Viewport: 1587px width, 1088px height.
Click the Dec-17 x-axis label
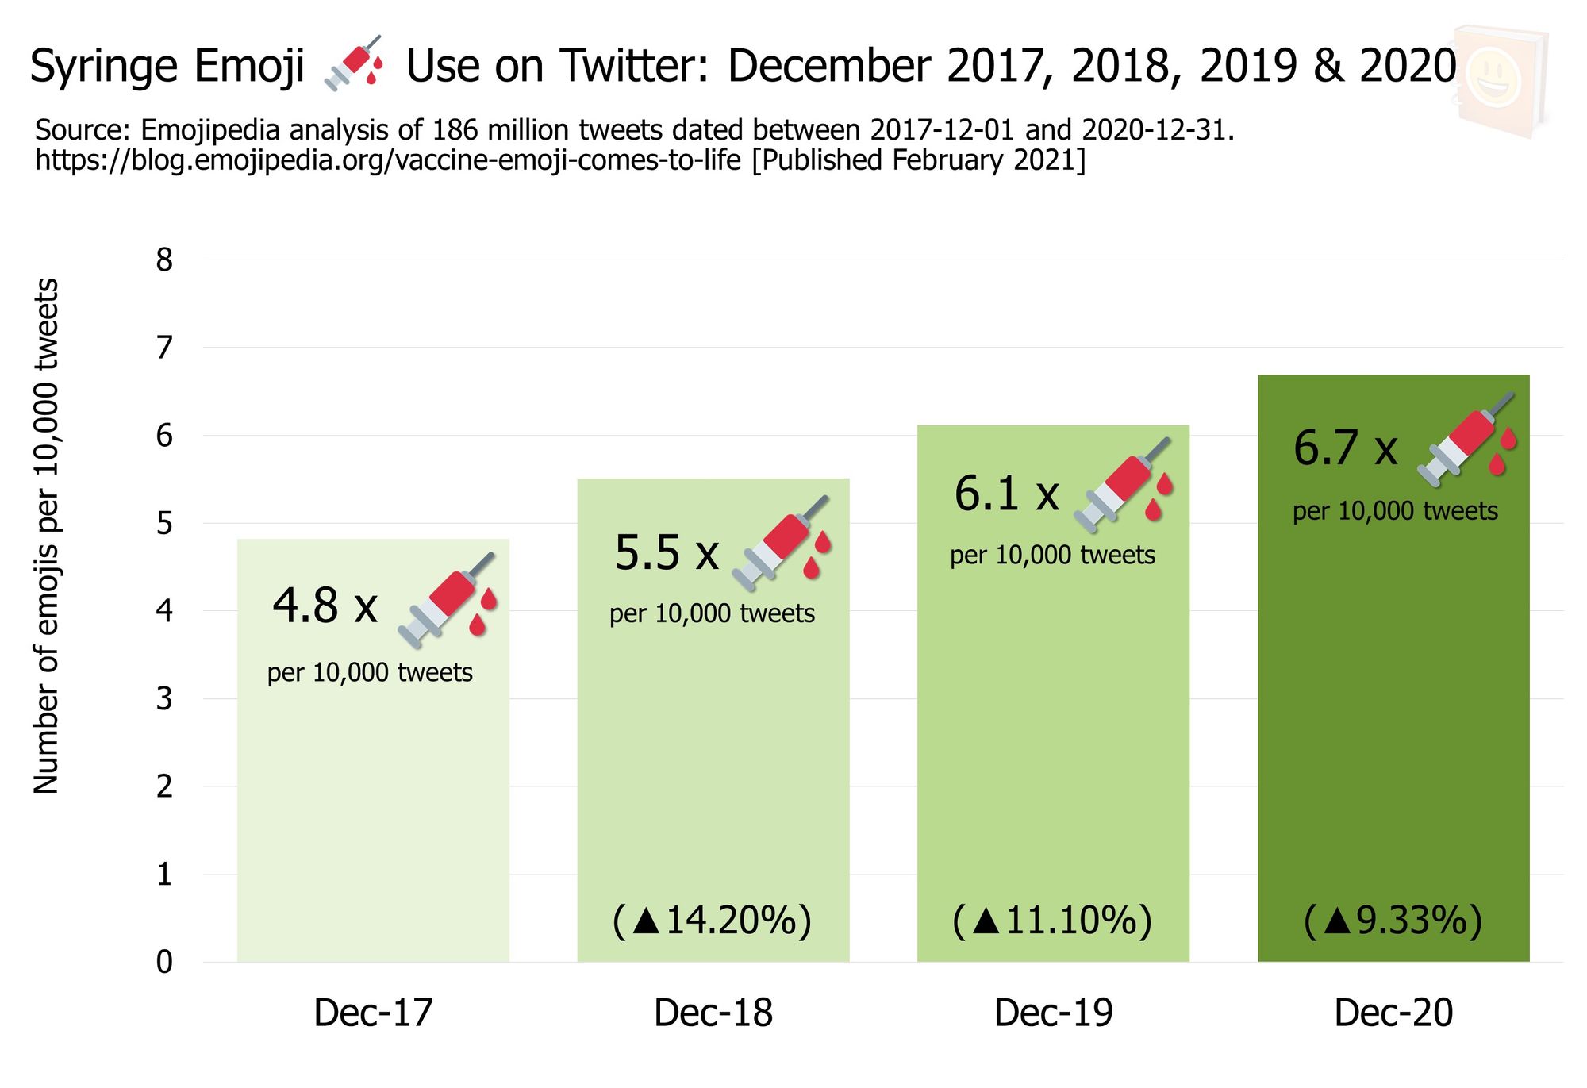click(x=373, y=1013)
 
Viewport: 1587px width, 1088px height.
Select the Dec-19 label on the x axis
click(x=1053, y=1013)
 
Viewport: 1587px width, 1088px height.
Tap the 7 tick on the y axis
click(x=164, y=348)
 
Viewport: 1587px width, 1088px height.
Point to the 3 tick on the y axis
click(x=164, y=699)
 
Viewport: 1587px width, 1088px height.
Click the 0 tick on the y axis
click(x=164, y=963)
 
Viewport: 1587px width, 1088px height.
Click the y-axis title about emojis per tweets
click(x=46, y=536)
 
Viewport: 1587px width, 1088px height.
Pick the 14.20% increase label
click(x=712, y=921)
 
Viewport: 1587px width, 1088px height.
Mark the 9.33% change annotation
click(x=1393, y=921)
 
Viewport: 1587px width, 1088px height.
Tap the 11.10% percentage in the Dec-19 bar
click(x=1052, y=921)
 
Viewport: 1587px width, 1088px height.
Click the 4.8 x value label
click(x=325, y=606)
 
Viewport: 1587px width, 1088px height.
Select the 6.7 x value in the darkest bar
click(x=1345, y=448)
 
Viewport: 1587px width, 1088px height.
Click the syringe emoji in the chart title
click(x=355, y=63)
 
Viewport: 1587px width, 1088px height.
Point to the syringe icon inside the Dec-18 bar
click(x=782, y=543)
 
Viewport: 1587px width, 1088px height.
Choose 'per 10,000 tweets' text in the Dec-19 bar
click(x=1052, y=555)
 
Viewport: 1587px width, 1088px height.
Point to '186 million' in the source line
click(x=509, y=130)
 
